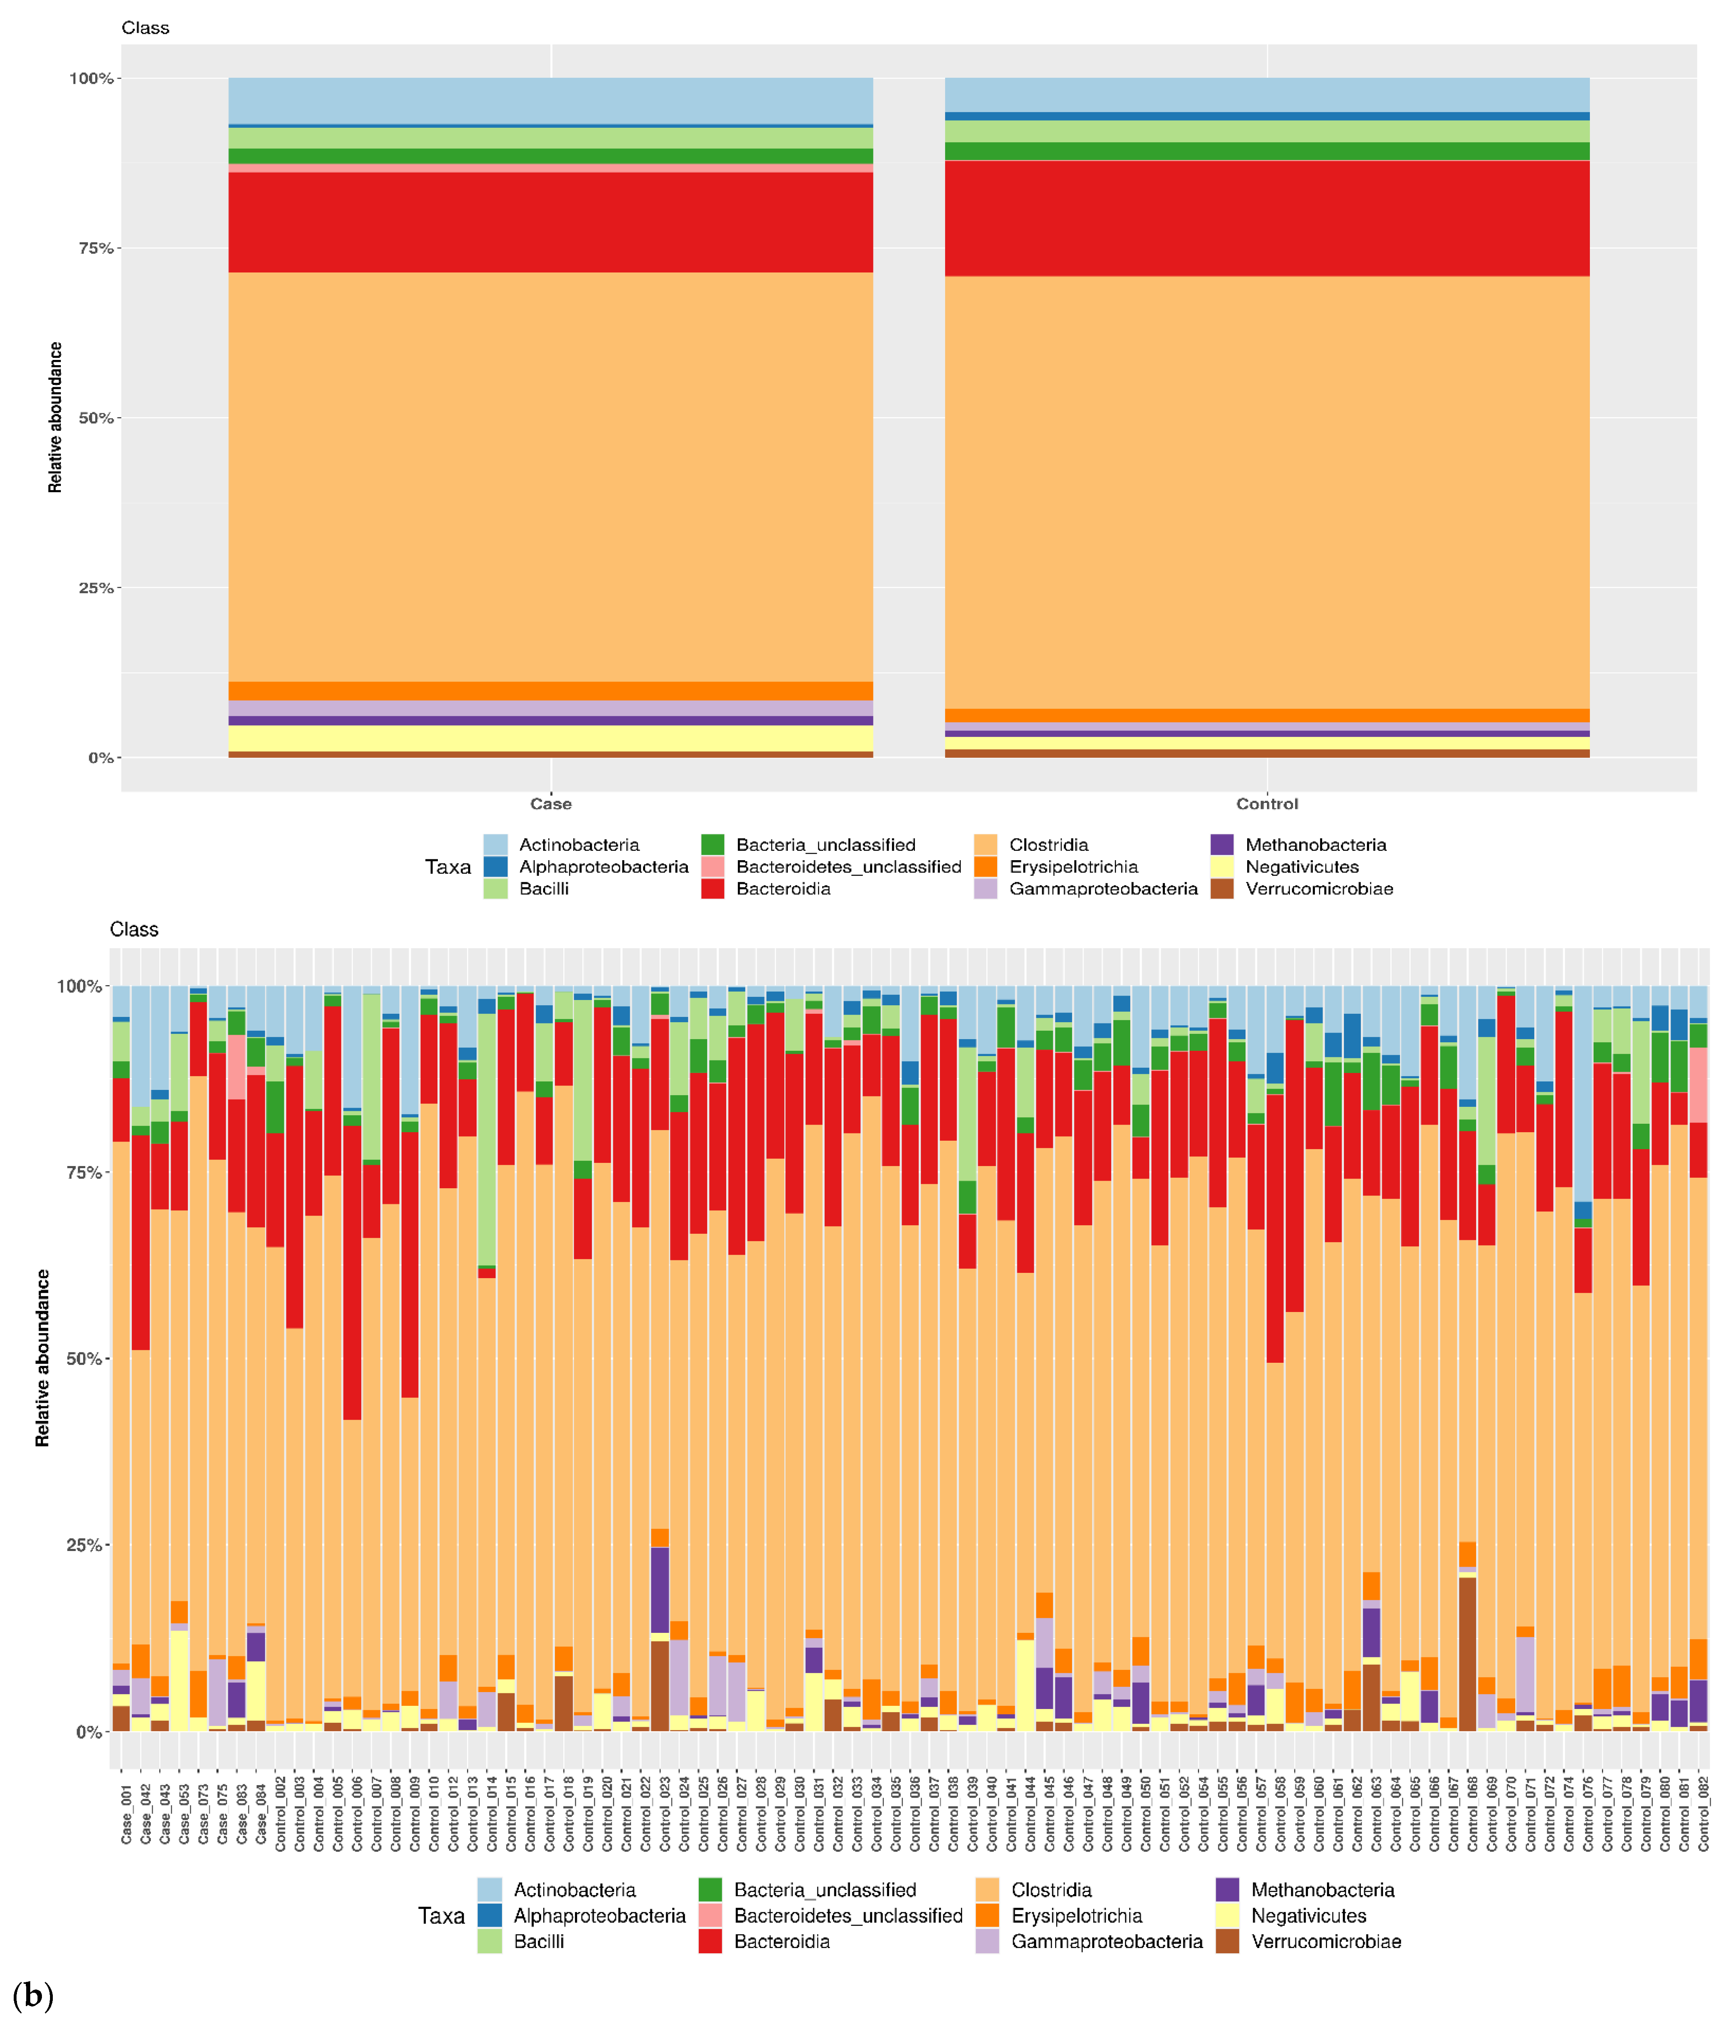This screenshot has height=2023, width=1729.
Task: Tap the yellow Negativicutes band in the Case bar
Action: point(550,738)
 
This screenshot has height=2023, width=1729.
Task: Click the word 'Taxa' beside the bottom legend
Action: point(441,1916)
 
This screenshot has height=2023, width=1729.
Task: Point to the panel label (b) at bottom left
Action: point(32,1995)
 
